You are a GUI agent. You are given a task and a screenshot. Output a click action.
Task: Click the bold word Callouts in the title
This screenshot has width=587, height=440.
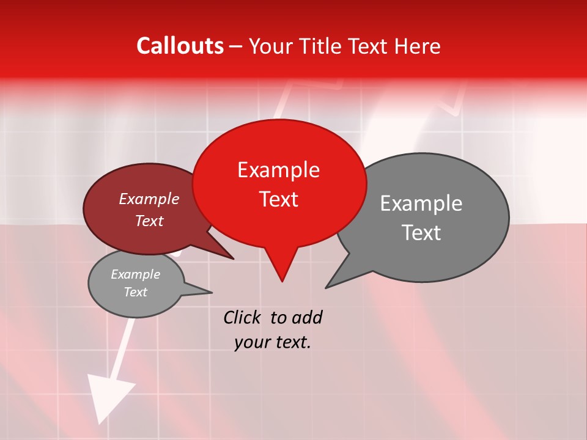[x=180, y=46]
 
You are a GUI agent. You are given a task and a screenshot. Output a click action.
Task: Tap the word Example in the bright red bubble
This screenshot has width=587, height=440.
[x=278, y=170]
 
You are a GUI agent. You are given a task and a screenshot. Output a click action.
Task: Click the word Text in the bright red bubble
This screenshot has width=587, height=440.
[x=278, y=199]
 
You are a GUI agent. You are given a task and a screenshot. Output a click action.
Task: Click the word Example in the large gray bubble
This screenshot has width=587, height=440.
[x=421, y=204]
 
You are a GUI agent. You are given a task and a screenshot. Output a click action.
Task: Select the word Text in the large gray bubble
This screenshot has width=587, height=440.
[x=421, y=233]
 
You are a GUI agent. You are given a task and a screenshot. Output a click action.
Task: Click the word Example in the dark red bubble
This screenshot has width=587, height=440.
[x=149, y=199]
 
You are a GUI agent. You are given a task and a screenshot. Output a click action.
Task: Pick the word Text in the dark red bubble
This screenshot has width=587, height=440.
[x=149, y=221]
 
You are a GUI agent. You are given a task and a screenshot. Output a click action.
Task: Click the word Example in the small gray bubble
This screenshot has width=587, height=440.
[x=135, y=274]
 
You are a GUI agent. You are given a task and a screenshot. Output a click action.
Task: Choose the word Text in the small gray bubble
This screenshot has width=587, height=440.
[x=135, y=292]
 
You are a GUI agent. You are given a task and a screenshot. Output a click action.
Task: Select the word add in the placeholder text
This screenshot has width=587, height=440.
[x=307, y=317]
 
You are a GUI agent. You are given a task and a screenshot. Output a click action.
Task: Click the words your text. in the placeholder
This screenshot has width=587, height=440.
[x=273, y=342]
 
